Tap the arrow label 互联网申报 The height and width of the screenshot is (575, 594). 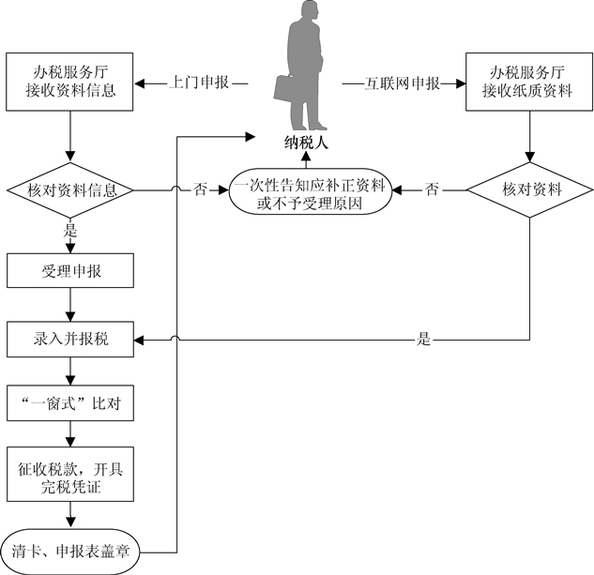click(x=405, y=83)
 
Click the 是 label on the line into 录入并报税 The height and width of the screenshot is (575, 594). click(x=424, y=340)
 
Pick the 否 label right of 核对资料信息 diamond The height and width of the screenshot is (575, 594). click(x=200, y=190)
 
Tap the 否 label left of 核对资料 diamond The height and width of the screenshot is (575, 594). click(x=432, y=190)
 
